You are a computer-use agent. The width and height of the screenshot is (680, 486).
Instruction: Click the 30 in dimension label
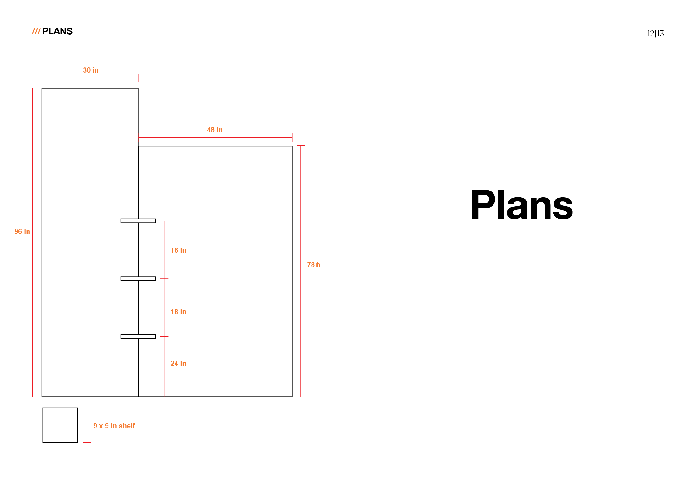click(91, 70)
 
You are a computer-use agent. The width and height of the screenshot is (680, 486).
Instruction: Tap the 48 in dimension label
click(215, 130)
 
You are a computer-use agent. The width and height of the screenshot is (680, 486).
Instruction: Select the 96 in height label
click(22, 231)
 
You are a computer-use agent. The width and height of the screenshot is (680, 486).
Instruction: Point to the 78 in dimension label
click(313, 265)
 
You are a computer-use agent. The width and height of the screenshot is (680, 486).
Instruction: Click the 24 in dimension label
click(178, 363)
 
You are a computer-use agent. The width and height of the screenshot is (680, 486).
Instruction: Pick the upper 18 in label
click(178, 250)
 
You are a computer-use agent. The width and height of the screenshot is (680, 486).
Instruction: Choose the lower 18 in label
click(178, 312)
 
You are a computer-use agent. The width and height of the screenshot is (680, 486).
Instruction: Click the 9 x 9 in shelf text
click(114, 426)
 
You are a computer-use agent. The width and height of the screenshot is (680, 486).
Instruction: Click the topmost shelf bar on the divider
click(138, 221)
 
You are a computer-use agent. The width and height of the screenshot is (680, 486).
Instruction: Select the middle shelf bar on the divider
click(138, 279)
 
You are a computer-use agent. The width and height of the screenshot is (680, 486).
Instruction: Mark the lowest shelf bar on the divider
click(138, 336)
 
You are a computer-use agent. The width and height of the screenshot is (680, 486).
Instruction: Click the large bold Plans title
click(522, 205)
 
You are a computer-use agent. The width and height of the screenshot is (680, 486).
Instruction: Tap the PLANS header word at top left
click(57, 31)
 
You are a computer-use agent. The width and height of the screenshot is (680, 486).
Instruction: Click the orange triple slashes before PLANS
click(36, 31)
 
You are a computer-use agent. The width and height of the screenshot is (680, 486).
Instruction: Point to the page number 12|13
click(655, 33)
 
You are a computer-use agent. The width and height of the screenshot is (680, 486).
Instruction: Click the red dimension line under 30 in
click(90, 78)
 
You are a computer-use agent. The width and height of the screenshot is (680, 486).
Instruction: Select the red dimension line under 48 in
click(215, 137)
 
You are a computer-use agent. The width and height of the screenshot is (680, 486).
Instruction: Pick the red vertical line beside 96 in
click(32, 242)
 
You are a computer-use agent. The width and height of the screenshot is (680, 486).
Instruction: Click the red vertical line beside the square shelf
click(87, 425)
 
